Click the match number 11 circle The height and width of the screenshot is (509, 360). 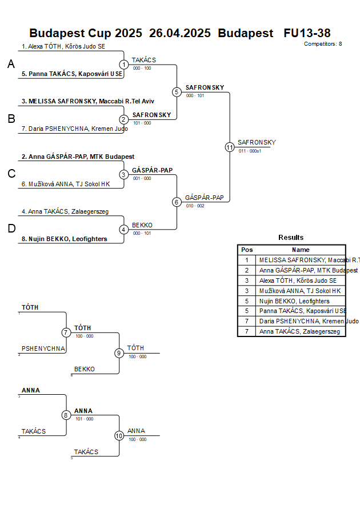point(230,147)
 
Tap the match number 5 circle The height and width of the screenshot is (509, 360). point(177,92)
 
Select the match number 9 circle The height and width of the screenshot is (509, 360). point(119,353)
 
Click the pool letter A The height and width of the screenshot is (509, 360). point(11,65)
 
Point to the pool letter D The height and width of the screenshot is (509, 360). point(11,229)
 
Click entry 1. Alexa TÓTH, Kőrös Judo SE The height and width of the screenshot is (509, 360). point(63,46)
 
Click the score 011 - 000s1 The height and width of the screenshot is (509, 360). point(250,151)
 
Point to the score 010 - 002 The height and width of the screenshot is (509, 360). point(195,206)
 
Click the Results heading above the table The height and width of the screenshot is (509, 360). point(291,238)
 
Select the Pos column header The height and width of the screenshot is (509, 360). point(247,250)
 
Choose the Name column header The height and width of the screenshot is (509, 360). point(301,250)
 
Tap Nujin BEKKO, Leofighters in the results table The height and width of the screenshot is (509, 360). point(294,301)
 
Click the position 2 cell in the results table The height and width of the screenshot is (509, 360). point(247,270)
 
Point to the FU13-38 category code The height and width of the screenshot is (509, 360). point(307,33)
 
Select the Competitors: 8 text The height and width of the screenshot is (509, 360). point(323,44)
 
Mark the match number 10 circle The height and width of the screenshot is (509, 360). point(119,436)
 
